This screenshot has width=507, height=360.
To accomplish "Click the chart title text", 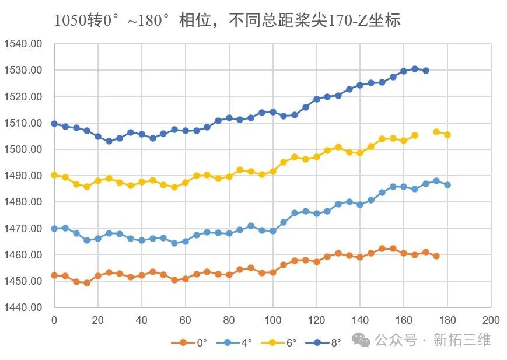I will coord(228,20).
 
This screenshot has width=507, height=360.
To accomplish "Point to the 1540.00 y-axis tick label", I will coord(23,44).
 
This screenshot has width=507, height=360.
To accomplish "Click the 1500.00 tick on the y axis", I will coord(23,149).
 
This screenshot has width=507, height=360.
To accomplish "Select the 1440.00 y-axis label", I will coord(23,307).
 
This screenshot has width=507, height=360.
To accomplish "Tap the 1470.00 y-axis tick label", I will coord(23,229).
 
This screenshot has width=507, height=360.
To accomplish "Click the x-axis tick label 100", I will coord(272,320).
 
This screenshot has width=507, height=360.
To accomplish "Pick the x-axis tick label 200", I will coord(491,320).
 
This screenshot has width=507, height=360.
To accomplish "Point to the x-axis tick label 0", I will coord(54,320).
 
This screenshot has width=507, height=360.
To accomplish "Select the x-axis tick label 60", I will coord(185,320).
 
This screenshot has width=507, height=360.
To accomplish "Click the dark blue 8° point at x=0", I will coord(54,124).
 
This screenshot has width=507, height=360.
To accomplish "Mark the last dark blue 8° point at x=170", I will coord(426,71).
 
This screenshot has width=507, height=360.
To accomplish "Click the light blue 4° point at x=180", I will coord(447,185).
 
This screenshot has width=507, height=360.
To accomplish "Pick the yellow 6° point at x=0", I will coord(54,175).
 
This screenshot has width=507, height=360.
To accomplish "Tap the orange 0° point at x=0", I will coord(54,275).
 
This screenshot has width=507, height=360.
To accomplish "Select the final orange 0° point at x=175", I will coord(436,256).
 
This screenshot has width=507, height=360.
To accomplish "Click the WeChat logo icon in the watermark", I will coord(365,340).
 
